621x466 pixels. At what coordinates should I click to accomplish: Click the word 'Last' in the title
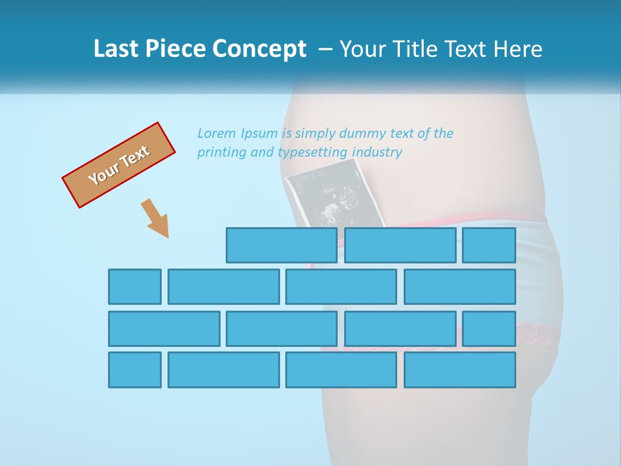[115, 49]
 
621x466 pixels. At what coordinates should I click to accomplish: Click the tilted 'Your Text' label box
[119, 165]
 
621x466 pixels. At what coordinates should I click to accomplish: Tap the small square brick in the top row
[489, 245]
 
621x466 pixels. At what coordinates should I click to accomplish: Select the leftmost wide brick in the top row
[281, 245]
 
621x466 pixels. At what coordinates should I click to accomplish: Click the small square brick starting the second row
[135, 287]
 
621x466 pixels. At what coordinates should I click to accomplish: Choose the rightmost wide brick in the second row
[460, 287]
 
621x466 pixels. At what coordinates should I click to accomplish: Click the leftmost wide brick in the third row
[164, 329]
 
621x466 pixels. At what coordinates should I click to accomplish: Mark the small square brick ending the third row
[489, 329]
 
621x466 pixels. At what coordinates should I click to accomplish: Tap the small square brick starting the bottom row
[135, 370]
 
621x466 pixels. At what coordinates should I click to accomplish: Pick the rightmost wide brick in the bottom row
[460, 370]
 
